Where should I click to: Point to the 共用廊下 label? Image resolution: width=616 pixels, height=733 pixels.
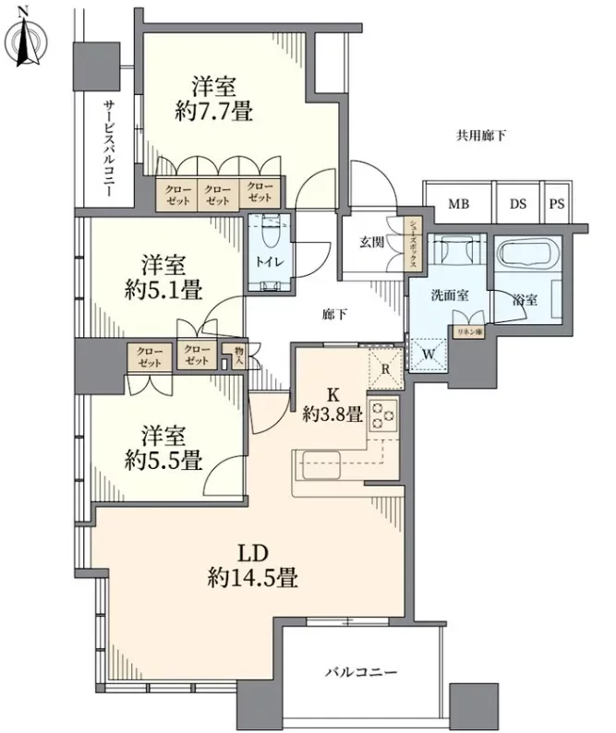[x=481, y=136]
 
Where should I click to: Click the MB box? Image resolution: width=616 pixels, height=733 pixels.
[x=457, y=204]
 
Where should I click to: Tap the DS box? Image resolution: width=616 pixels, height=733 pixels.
[x=517, y=204]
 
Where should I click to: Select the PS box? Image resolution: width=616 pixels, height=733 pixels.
[x=556, y=204]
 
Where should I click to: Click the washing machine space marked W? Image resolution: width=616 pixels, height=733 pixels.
[x=428, y=351]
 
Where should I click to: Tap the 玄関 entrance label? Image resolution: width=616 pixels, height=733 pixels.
[x=371, y=243]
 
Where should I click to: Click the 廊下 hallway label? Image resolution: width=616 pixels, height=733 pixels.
[x=335, y=315]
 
